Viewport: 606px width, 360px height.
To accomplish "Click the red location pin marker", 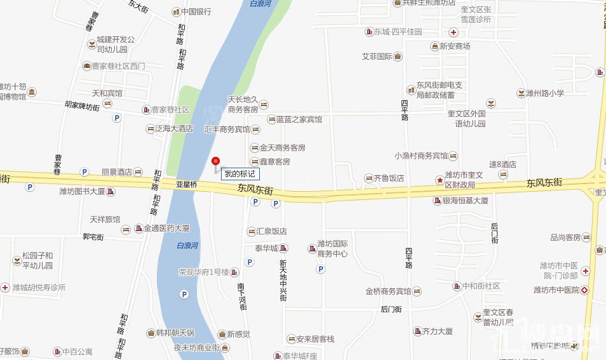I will coord(215,161).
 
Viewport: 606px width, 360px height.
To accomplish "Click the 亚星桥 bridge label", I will coord(187,185).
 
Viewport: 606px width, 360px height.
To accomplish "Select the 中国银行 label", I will coord(196,11).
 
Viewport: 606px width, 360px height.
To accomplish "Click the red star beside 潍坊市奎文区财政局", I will coord(439,180).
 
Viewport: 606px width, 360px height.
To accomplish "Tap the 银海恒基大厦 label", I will coord(465,201).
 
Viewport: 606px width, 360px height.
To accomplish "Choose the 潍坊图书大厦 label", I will coord(82,191).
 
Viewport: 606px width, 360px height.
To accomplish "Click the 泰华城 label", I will coord(266,248).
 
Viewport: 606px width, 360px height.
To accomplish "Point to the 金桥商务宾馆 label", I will coord(387,291).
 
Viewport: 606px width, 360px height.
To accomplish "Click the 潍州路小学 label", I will coord(544,93).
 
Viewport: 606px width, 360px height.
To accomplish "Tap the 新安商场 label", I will coord(454,46).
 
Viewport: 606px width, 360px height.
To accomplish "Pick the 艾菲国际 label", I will coord(377,57).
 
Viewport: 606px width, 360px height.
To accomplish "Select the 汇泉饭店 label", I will coord(271,232).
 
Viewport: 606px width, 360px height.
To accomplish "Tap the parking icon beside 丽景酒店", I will coord(84,171).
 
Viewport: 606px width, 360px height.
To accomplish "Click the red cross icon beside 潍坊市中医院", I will coord(584,290).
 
